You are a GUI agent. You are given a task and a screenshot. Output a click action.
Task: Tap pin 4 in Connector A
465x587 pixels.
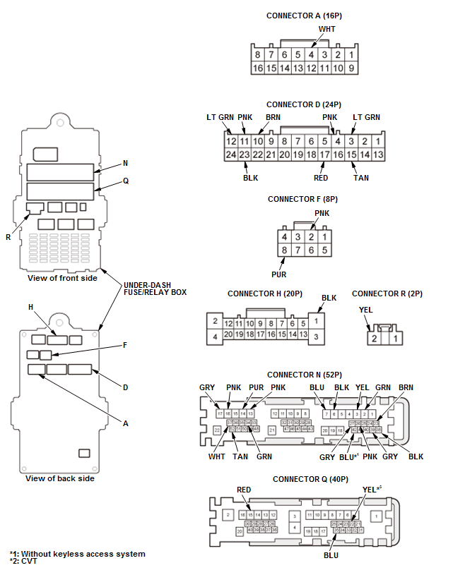pos(312,54)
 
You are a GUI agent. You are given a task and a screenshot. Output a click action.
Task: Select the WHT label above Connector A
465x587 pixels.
pos(327,30)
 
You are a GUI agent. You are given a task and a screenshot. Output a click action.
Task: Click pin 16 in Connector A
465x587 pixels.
pos(258,68)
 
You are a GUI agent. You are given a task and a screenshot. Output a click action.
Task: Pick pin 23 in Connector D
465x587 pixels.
pos(245,154)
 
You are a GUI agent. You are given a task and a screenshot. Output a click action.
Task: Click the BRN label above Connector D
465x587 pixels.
pos(273,117)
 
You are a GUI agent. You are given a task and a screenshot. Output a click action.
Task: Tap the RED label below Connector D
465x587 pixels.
pos(322,178)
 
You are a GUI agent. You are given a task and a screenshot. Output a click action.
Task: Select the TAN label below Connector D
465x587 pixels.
pos(361,178)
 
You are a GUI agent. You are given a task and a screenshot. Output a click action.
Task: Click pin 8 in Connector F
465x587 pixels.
pos(284,250)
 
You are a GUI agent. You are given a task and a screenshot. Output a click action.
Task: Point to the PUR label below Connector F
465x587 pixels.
pos(278,274)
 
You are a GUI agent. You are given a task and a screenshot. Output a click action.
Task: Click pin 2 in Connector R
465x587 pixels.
pos(375,339)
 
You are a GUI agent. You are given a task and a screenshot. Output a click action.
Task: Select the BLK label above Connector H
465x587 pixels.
pos(329,298)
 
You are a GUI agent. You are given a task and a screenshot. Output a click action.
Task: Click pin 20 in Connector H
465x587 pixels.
pos(228,334)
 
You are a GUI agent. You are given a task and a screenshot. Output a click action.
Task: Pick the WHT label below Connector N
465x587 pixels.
pos(218,456)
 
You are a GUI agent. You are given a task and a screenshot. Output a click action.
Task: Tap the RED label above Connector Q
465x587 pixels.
pos(244,490)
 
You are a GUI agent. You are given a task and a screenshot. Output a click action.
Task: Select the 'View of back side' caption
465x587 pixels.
pos(60,478)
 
